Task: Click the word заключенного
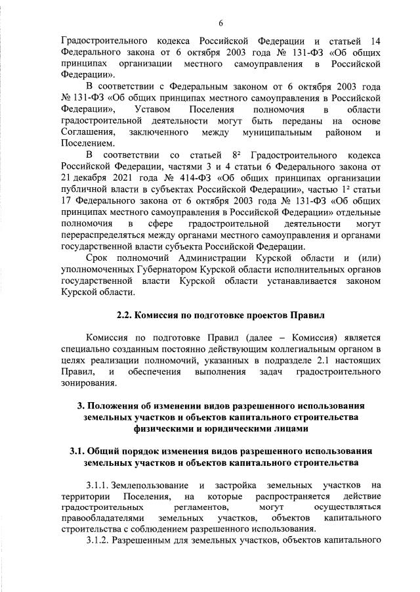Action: coord(161,133)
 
